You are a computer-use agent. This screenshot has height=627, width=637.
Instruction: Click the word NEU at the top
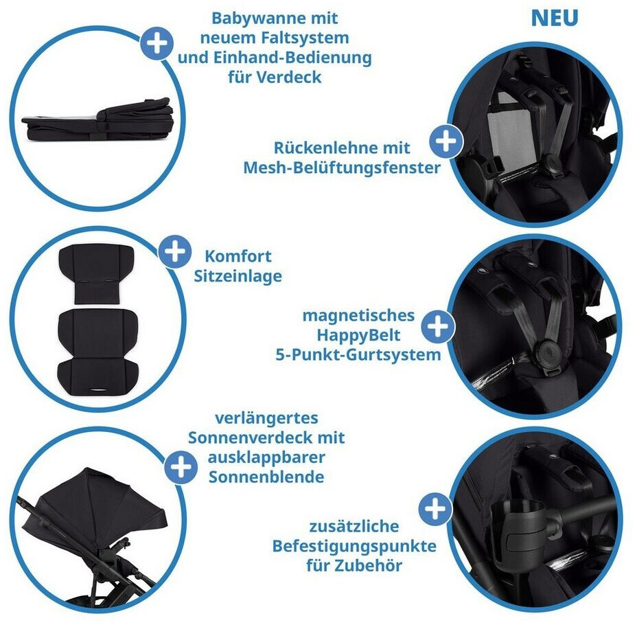click(555, 19)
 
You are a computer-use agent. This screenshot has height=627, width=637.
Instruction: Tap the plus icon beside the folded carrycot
click(157, 43)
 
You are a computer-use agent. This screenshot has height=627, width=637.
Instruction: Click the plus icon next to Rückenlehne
click(446, 141)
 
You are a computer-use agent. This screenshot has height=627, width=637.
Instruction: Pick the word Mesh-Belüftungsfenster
click(342, 168)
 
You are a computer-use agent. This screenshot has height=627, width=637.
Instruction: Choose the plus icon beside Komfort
click(174, 251)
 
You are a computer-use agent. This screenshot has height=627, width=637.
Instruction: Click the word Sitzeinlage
click(238, 276)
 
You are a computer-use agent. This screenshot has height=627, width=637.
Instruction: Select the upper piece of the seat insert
click(97, 273)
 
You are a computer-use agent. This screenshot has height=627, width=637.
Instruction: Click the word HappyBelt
click(358, 335)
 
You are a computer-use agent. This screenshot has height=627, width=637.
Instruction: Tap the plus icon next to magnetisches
click(437, 326)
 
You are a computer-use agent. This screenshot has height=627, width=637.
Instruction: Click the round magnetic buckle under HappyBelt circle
click(549, 353)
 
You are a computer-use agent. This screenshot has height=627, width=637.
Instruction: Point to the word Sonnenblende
click(266, 477)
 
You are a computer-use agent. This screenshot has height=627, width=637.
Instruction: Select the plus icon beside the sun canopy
click(181, 466)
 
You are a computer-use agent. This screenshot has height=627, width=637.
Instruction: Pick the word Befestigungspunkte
click(354, 546)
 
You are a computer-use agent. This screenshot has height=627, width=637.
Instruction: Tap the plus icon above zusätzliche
click(435, 509)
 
